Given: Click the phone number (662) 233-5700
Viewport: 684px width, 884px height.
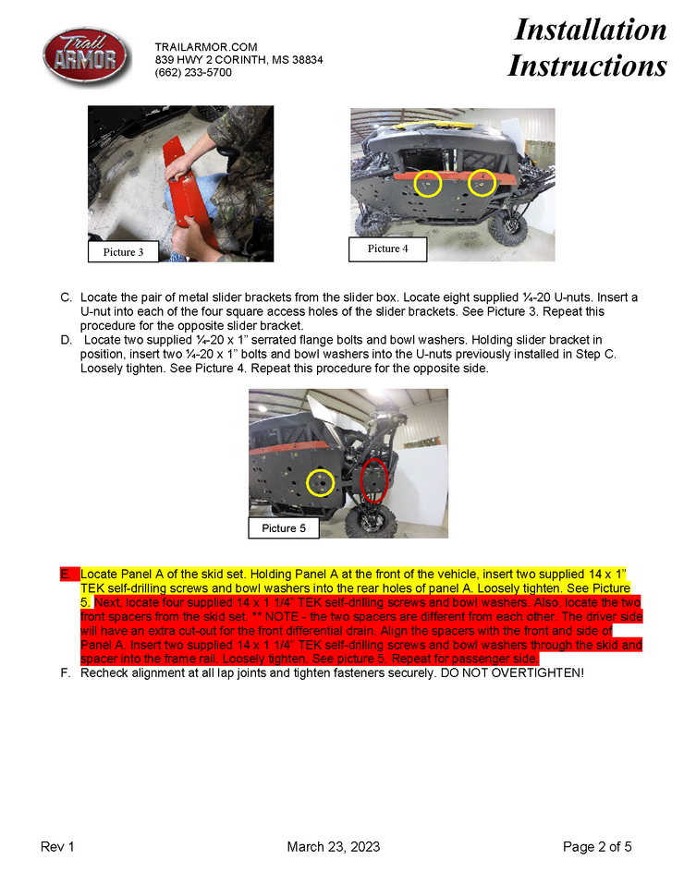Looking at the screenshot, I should coord(193,72).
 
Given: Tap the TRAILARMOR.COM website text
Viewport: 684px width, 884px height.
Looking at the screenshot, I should coord(206,46).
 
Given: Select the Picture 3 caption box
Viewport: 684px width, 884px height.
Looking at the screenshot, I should coord(123,251).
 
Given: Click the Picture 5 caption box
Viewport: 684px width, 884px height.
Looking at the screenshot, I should coord(284,527).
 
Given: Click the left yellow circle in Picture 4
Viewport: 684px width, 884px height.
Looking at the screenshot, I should coord(427,183).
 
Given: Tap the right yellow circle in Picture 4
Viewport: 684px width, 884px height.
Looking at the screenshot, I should coord(482,183).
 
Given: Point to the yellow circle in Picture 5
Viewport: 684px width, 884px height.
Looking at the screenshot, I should coord(320,482).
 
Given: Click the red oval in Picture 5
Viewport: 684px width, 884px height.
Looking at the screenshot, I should coord(373,480).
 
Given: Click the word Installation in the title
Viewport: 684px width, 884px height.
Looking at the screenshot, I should coord(590,30).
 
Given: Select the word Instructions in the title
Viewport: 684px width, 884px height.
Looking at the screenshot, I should coord(587,66).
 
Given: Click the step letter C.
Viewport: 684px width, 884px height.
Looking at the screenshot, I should coord(66,297).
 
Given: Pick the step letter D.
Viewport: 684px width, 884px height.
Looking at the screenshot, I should coord(66,340).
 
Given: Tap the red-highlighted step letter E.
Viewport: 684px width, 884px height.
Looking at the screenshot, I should coord(66,575).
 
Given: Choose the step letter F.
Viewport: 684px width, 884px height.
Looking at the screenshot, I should coord(66,672).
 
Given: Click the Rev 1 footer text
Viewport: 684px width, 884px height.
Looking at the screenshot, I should coord(57,847).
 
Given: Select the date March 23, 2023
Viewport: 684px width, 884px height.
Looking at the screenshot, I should coord(333,847).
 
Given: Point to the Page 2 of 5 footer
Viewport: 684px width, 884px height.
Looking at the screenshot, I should coord(597,847).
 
